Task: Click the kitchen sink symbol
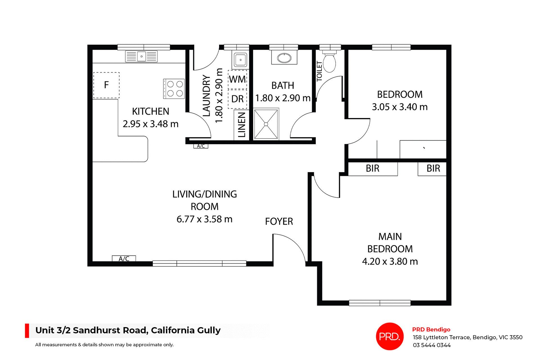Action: pyautogui.click(x=141, y=56)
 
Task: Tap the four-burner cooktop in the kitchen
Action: pyautogui.click(x=174, y=89)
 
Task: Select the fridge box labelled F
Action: pyautogui.click(x=106, y=85)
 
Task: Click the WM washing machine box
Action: pyautogui.click(x=237, y=80)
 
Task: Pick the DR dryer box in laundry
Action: pyautogui.click(x=237, y=99)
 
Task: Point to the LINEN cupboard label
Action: pyautogui.click(x=242, y=125)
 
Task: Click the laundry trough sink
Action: pyautogui.click(x=240, y=60)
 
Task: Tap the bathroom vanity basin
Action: pyautogui.click(x=284, y=58)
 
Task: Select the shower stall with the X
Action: pyautogui.click(x=266, y=124)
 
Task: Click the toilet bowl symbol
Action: pyautogui.click(x=329, y=63)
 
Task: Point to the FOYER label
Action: pyautogui.click(x=279, y=221)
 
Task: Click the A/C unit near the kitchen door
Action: pyautogui.click(x=201, y=146)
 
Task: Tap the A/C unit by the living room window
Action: pyautogui.click(x=124, y=259)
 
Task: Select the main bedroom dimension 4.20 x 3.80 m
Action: pyautogui.click(x=390, y=262)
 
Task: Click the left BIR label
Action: pyautogui.click(x=372, y=169)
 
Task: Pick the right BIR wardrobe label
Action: pyautogui.click(x=433, y=169)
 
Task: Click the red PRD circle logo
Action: pyautogui.click(x=390, y=336)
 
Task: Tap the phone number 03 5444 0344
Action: pyautogui.click(x=432, y=345)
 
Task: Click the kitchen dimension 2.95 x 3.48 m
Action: pyautogui.click(x=150, y=124)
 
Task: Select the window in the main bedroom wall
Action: pyautogui.click(x=380, y=303)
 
